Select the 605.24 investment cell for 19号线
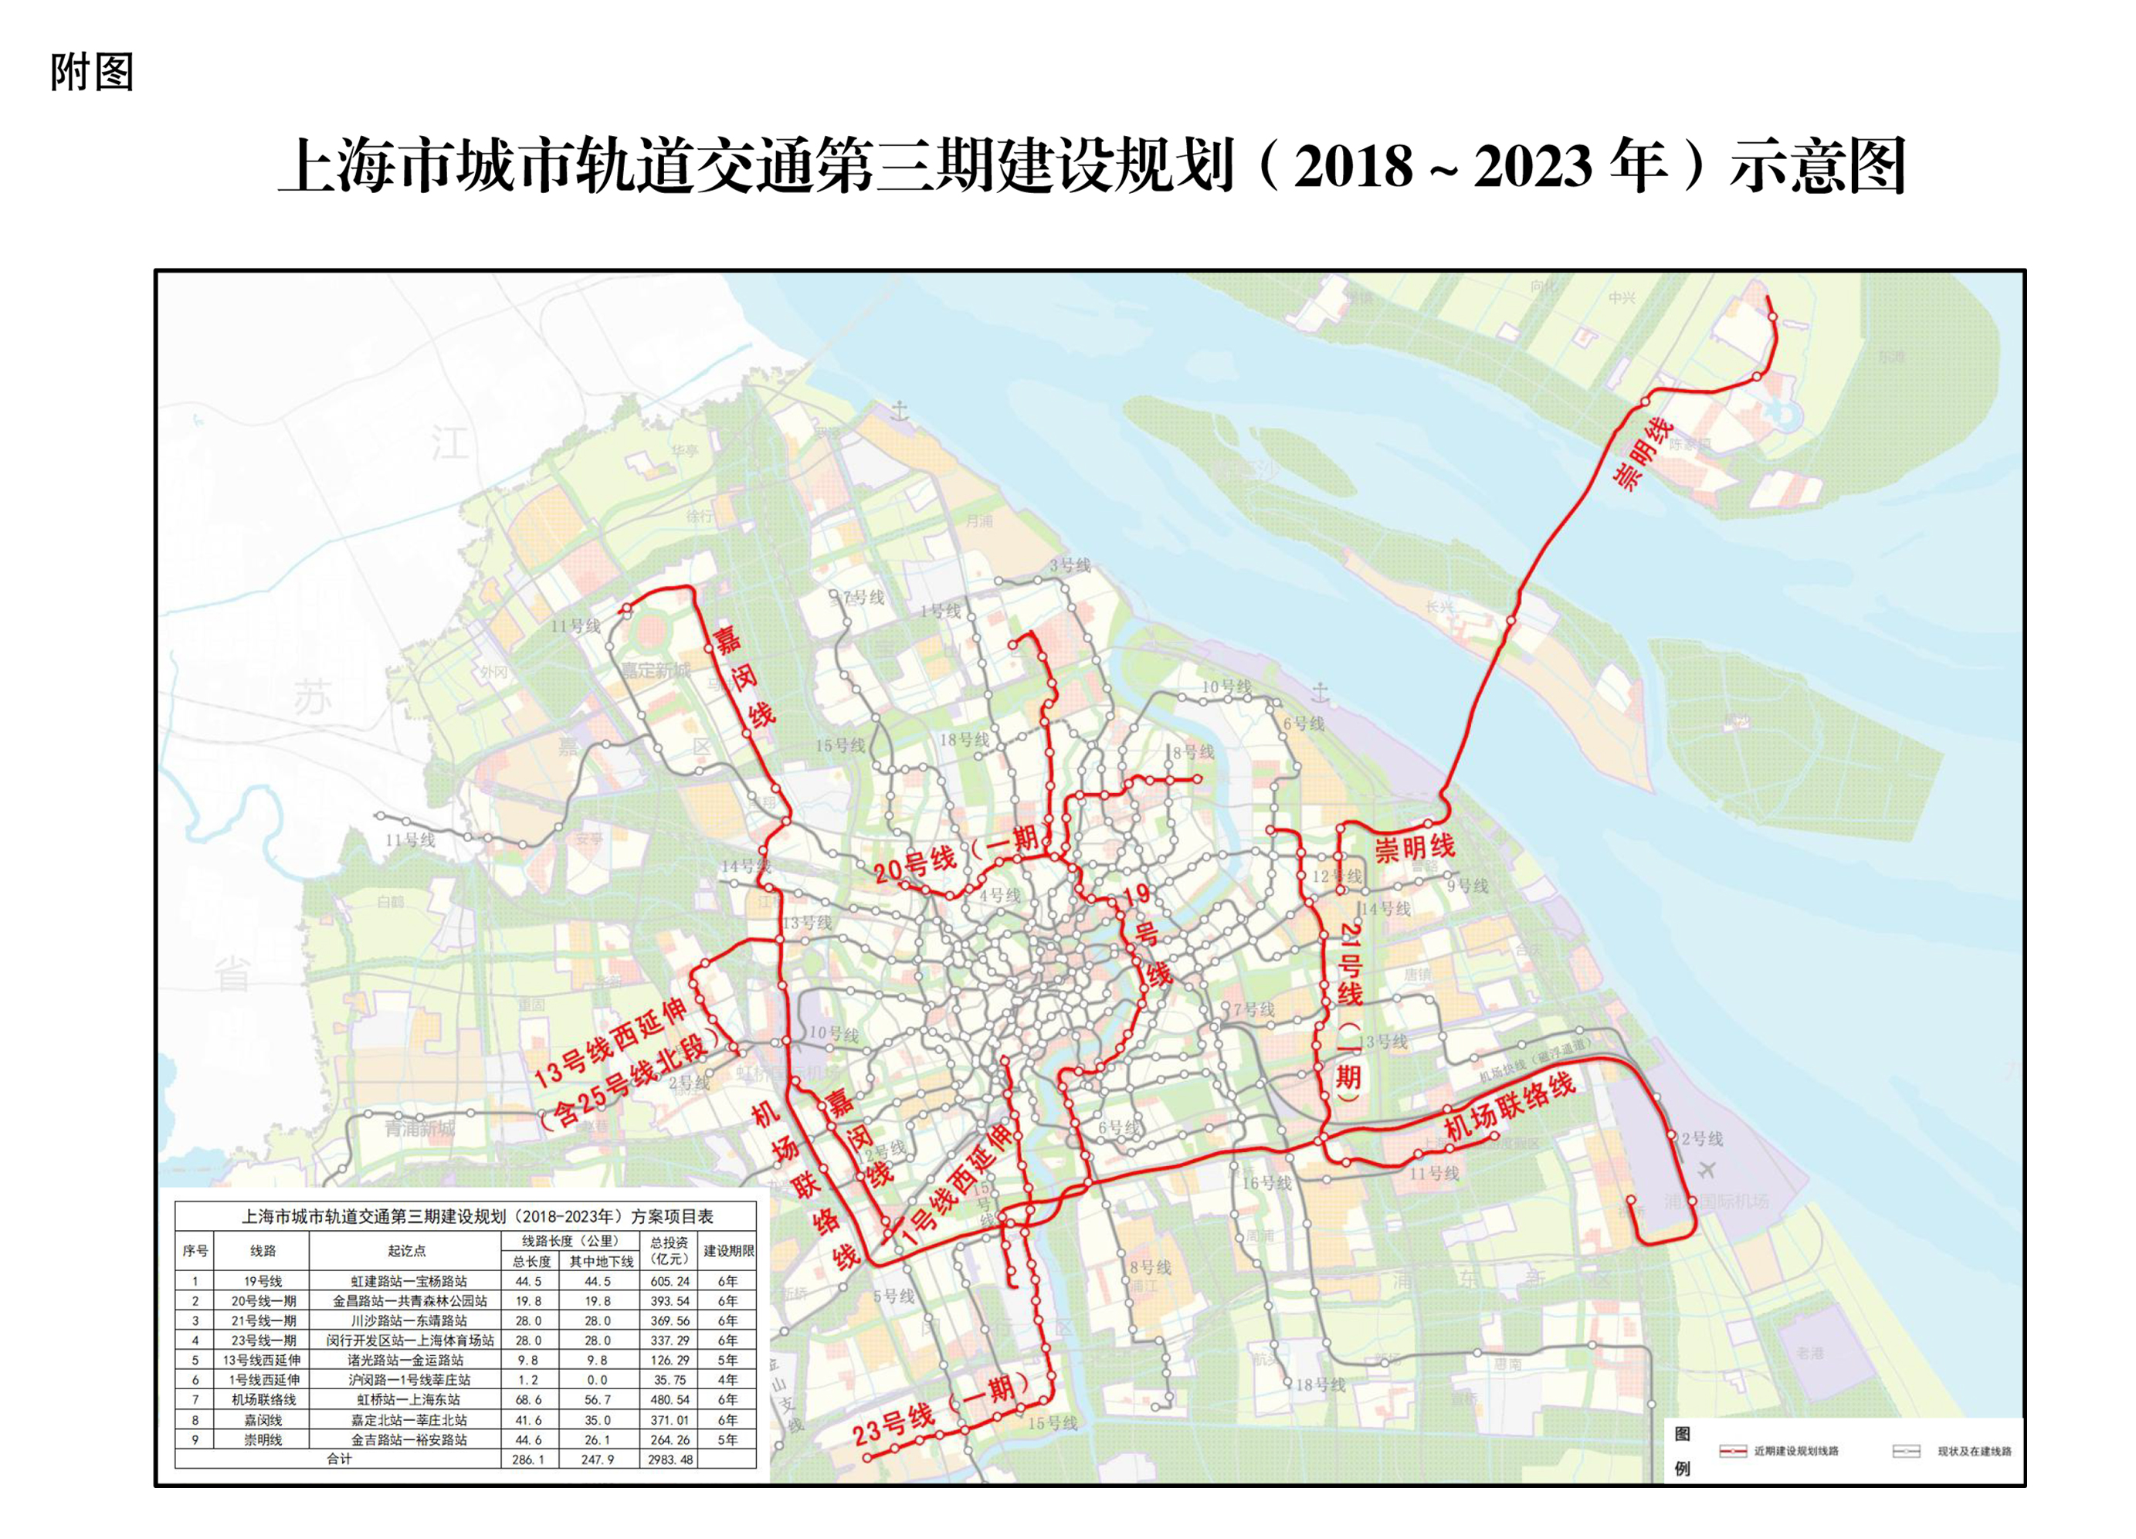pyautogui.click(x=669, y=1281)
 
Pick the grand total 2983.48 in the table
pyautogui.click(x=670, y=1459)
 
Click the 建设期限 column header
pyautogui.click(x=728, y=1251)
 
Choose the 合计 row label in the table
pyautogui.click(x=339, y=1459)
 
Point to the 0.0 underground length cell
pyautogui.click(x=597, y=1380)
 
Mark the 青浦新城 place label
pyautogui.click(x=419, y=1128)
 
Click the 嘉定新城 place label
pyautogui.click(x=655, y=670)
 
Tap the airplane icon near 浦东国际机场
pyautogui.click(x=1706, y=1170)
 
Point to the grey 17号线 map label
pyautogui.click(x=863, y=597)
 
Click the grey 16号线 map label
pyautogui.click(x=1266, y=1183)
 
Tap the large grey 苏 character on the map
pyautogui.click(x=312, y=698)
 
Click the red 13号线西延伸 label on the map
pyautogui.click(x=610, y=1042)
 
